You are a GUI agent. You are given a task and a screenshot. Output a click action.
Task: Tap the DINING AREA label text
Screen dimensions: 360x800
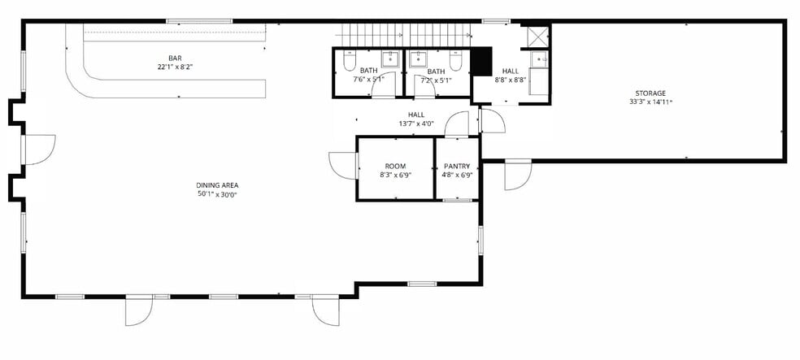click(x=217, y=185)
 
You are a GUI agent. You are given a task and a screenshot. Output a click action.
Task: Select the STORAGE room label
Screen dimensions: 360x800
click(x=650, y=93)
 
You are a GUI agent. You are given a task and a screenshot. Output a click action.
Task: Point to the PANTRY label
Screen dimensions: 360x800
click(x=457, y=166)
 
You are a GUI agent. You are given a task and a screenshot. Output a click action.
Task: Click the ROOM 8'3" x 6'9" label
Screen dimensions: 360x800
click(x=395, y=166)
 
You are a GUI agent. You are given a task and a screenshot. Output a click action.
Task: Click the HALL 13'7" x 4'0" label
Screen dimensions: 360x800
click(x=416, y=115)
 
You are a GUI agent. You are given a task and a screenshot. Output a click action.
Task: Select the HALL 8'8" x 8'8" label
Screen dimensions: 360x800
click(x=511, y=72)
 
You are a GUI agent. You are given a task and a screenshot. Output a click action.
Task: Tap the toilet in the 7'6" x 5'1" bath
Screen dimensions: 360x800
click(x=349, y=62)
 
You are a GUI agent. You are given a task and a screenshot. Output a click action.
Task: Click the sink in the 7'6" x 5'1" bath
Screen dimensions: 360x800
click(x=390, y=59)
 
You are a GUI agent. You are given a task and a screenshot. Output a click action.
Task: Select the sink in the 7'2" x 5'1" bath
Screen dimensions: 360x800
click(x=418, y=59)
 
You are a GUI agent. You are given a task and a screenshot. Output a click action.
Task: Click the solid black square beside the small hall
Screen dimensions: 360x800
click(x=482, y=61)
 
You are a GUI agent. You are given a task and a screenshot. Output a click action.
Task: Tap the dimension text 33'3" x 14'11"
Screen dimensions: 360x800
click(x=650, y=102)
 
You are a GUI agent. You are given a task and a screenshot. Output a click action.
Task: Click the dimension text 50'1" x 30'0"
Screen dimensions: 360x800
click(x=217, y=194)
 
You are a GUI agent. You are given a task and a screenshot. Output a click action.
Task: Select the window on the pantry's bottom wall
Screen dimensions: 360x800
click(x=456, y=199)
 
